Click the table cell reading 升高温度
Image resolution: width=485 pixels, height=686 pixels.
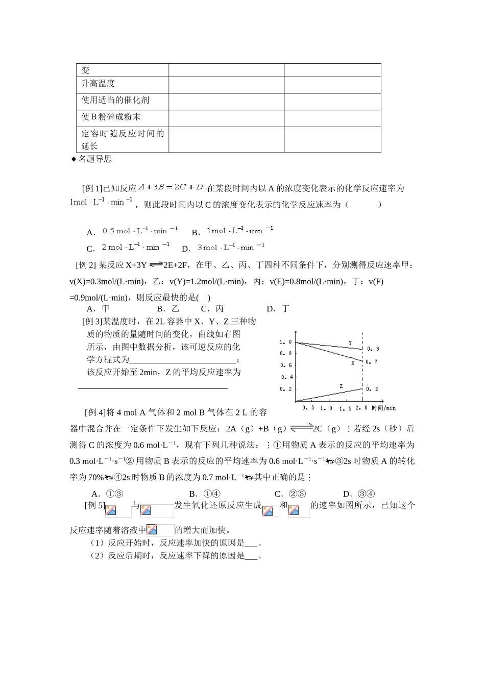coord(98,84)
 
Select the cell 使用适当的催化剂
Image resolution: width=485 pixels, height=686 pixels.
coord(115,101)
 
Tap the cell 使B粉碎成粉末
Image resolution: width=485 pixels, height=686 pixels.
coord(111,117)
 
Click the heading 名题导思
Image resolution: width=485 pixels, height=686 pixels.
coord(94,159)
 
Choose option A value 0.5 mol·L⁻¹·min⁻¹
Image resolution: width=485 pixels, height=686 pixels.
coord(140,231)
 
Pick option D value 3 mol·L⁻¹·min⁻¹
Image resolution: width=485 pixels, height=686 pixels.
coord(231,247)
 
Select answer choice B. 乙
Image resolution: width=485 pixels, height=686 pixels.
coord(168,309)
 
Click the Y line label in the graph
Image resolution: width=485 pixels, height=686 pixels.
coord(350,342)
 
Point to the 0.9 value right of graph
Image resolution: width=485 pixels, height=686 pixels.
coord(373,349)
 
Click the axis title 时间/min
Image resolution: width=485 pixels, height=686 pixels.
coord(383,408)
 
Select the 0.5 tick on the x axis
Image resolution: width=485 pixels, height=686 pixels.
coord(308,408)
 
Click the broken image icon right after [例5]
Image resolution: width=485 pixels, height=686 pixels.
coord(111,510)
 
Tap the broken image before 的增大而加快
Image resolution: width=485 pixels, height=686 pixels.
coord(152,530)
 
